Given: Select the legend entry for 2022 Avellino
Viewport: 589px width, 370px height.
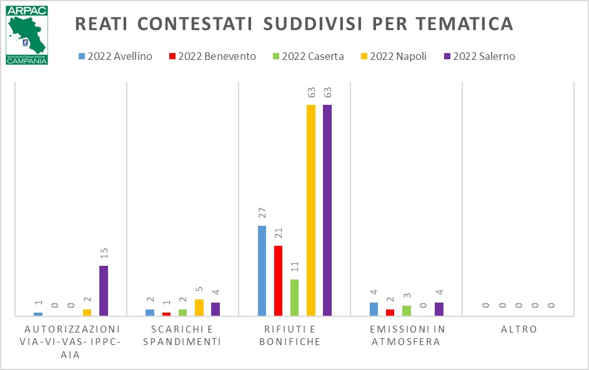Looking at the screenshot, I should (x=116, y=56).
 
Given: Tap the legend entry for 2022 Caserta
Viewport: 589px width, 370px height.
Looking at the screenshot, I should (x=308, y=56).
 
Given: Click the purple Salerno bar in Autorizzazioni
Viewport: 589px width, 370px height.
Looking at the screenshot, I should (x=104, y=291).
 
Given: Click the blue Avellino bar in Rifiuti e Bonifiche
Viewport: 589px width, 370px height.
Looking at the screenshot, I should (x=262, y=271).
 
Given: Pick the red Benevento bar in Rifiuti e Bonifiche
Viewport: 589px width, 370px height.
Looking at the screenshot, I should (x=279, y=281).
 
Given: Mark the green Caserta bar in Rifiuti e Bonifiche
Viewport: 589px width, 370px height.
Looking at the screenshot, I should (x=295, y=298).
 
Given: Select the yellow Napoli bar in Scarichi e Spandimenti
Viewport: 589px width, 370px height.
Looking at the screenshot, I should (x=199, y=308).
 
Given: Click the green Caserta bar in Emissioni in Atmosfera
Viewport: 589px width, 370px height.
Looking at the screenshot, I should (x=407, y=311).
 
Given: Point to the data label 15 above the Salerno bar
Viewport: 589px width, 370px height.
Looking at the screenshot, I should (x=104, y=253).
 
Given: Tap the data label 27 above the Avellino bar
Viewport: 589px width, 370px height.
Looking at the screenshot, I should (x=262, y=214).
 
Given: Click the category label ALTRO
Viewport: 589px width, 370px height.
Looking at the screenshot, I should (x=519, y=329).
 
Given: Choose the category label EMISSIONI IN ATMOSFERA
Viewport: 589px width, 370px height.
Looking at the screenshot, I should (x=406, y=335).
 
